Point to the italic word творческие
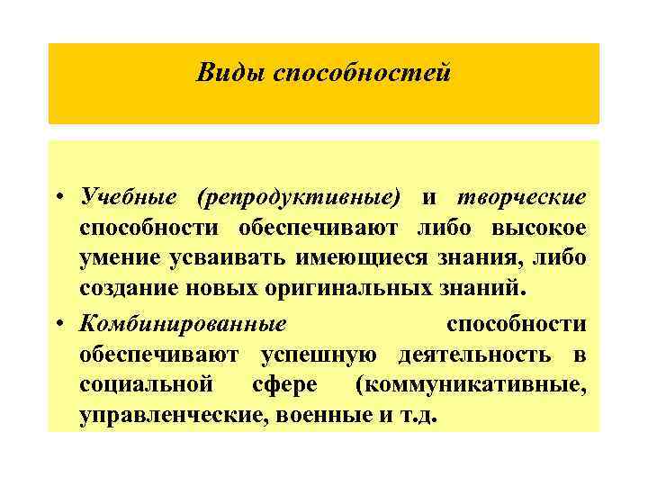click(x=521, y=197)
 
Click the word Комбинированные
click(x=182, y=323)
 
